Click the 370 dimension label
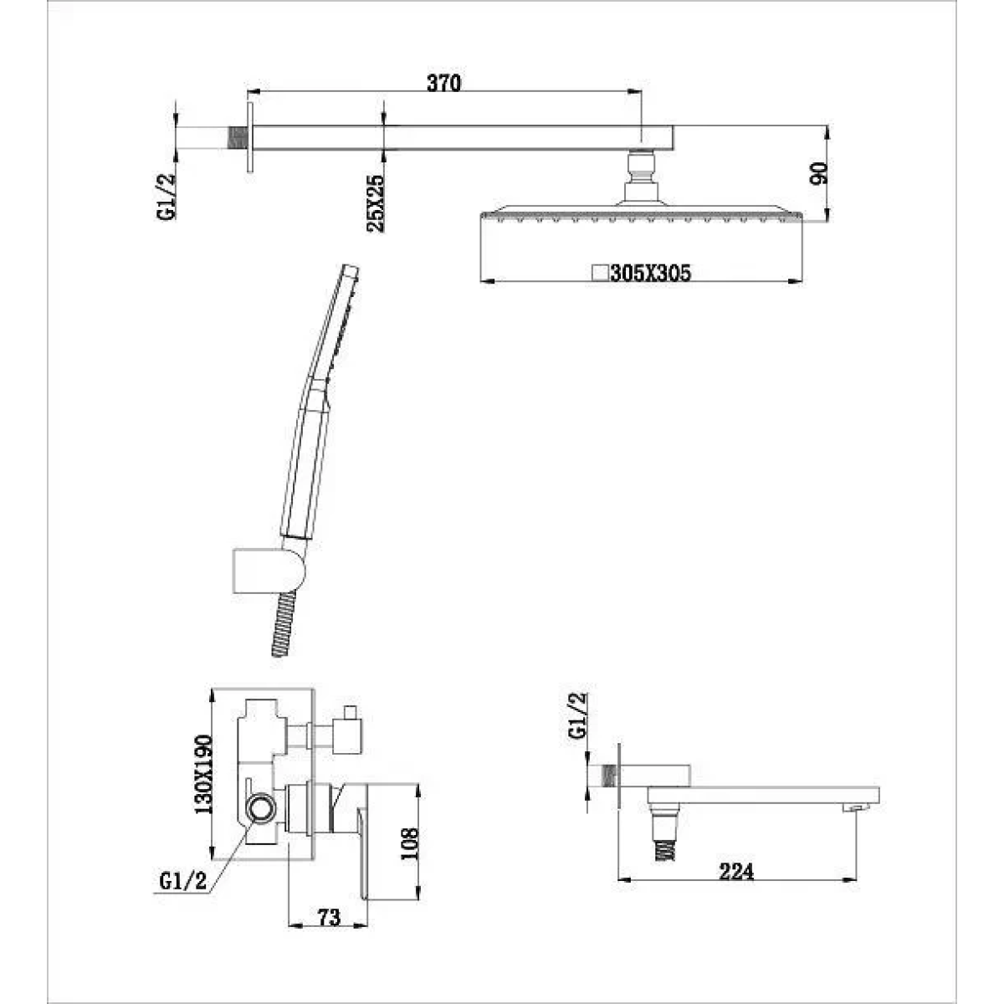[444, 84]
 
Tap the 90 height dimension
[818, 173]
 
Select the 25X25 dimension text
[375, 203]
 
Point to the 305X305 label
[651, 273]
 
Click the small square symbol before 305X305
[601, 273]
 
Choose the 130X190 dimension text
[203, 774]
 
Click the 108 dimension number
[410, 843]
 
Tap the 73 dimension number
[330, 917]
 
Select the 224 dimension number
[736, 871]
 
